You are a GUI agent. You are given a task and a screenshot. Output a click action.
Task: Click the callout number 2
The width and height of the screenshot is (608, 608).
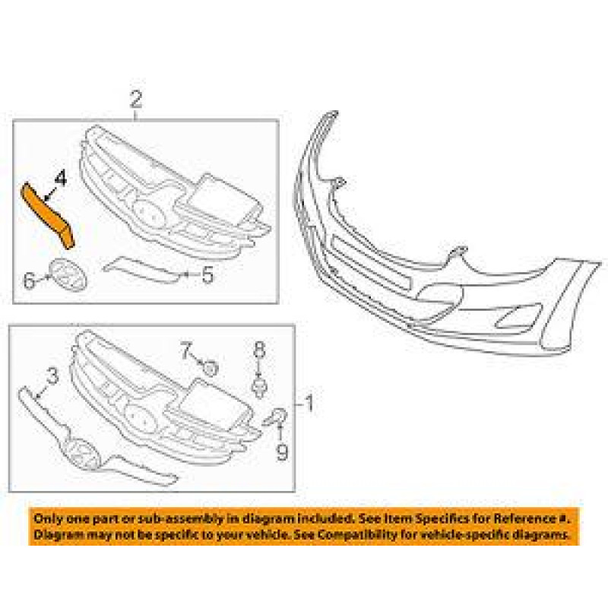coord(136,100)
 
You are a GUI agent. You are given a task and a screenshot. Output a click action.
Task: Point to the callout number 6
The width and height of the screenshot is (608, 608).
coord(29,280)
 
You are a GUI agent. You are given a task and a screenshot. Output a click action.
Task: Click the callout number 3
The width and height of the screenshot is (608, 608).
coord(52,375)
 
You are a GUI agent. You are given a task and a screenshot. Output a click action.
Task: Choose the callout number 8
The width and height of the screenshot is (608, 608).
coord(259,350)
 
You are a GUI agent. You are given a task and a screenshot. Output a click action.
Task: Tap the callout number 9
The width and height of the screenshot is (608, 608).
coord(282,453)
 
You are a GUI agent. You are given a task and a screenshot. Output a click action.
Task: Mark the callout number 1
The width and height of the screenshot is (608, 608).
coord(309,402)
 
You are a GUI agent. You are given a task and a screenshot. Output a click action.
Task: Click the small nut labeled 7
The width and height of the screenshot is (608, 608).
coord(211,369)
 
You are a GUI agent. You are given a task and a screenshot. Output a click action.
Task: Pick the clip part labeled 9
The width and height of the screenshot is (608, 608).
coord(277,416)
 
